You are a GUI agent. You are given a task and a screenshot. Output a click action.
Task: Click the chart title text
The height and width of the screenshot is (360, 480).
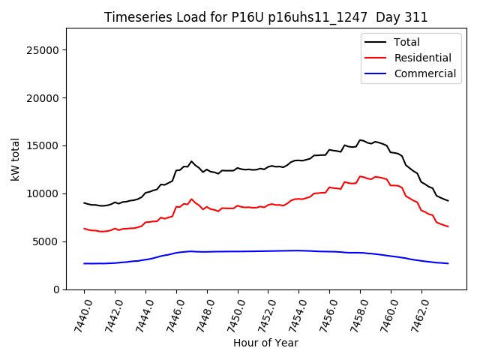(265, 17)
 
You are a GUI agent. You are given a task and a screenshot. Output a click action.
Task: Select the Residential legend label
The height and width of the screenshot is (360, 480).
(422, 58)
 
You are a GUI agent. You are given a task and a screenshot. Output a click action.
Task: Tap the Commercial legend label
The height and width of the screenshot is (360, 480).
(424, 73)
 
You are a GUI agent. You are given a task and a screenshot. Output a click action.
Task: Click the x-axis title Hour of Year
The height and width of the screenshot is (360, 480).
(265, 343)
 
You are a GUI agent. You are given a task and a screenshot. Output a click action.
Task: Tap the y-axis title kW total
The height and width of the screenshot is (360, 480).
(15, 159)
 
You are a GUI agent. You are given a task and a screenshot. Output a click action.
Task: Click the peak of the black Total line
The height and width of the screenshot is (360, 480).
(361, 139)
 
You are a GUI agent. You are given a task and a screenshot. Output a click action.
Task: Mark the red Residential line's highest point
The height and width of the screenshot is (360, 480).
(361, 176)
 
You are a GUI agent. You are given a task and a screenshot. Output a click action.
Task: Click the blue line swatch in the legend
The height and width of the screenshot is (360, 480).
(375, 73)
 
